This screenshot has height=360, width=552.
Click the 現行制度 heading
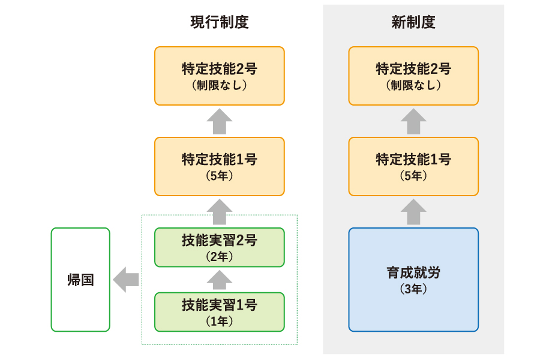coord(219,23)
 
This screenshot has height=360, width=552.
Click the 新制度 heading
coord(413,23)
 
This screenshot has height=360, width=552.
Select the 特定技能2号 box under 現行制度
coord(219,76)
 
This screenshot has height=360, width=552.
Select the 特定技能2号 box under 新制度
coord(413,76)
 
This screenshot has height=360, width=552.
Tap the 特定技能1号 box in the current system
coord(219,166)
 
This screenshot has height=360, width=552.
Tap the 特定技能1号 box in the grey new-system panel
coord(413,166)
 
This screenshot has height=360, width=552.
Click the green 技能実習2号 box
coord(219,247)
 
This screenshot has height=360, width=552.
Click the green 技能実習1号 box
coord(219,311)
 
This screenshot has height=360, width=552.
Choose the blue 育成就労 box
coord(413,279)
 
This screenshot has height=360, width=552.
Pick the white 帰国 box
coord(80,280)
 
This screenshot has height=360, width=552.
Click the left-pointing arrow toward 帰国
coord(126,280)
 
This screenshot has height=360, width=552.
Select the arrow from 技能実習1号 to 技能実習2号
coord(219,280)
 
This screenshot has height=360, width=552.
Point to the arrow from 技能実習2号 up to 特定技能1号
coord(219,212)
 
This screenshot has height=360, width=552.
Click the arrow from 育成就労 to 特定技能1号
coord(413,212)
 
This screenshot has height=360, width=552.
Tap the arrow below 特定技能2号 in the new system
coord(413,121)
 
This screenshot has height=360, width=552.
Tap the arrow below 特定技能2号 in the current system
coord(219,121)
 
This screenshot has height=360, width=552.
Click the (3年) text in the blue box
coord(413,289)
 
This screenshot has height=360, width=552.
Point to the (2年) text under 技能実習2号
coord(219,257)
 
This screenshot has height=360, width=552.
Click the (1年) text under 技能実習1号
coord(219,321)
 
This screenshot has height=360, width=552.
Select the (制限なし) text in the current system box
coord(219,85)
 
